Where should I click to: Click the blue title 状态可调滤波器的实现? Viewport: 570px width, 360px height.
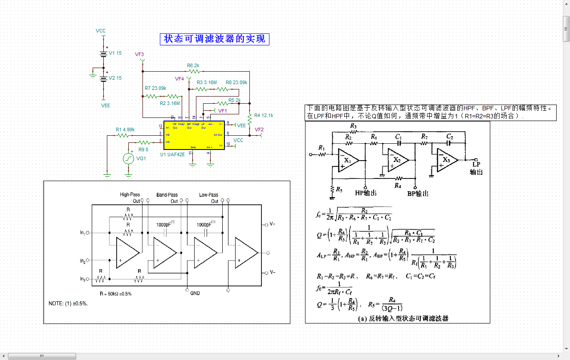click(x=215, y=39)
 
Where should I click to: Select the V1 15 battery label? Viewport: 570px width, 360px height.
click(x=115, y=53)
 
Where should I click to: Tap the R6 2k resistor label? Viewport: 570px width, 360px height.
click(x=193, y=65)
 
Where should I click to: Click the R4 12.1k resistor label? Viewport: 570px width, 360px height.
click(x=264, y=115)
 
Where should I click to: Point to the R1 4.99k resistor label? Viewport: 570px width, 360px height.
click(x=125, y=129)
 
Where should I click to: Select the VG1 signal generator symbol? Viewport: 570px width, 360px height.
click(x=129, y=158)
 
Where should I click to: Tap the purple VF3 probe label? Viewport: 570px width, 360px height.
click(x=139, y=54)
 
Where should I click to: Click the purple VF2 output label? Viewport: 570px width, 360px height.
click(x=259, y=129)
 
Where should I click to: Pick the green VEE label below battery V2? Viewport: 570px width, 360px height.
click(x=105, y=105)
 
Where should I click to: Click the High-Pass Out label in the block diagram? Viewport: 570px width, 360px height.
click(x=130, y=198)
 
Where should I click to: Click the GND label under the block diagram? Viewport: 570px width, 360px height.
click(x=195, y=293)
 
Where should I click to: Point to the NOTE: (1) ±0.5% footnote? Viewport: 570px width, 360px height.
click(x=68, y=303)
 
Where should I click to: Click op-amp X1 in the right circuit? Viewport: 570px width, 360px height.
click(x=348, y=160)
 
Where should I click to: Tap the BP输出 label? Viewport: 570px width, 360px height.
click(x=418, y=194)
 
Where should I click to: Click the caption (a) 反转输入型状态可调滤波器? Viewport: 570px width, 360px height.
click(x=403, y=318)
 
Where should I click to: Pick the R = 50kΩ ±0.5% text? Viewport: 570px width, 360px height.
click(x=115, y=294)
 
